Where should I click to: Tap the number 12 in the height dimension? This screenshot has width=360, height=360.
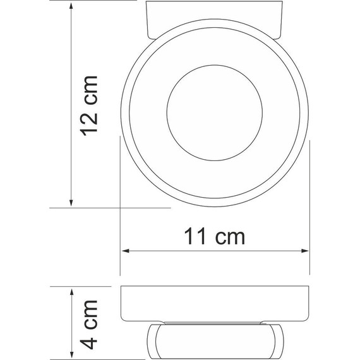tap(90, 124)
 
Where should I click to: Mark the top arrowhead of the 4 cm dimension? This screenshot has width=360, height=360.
tap(71, 291)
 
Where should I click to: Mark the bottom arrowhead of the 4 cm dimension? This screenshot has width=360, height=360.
tap(71, 354)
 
